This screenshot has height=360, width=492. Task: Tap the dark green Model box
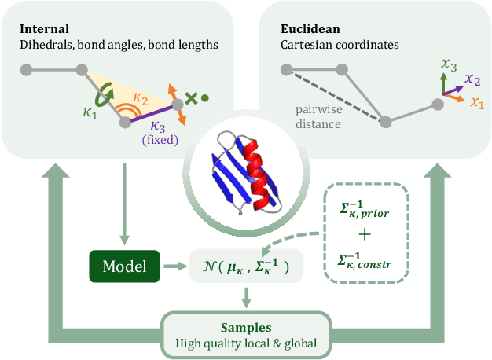coord(124,266)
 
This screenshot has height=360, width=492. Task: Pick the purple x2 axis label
coord(472,79)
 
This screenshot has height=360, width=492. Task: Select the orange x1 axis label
coord(476,102)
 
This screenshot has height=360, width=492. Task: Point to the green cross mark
coord(191,99)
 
